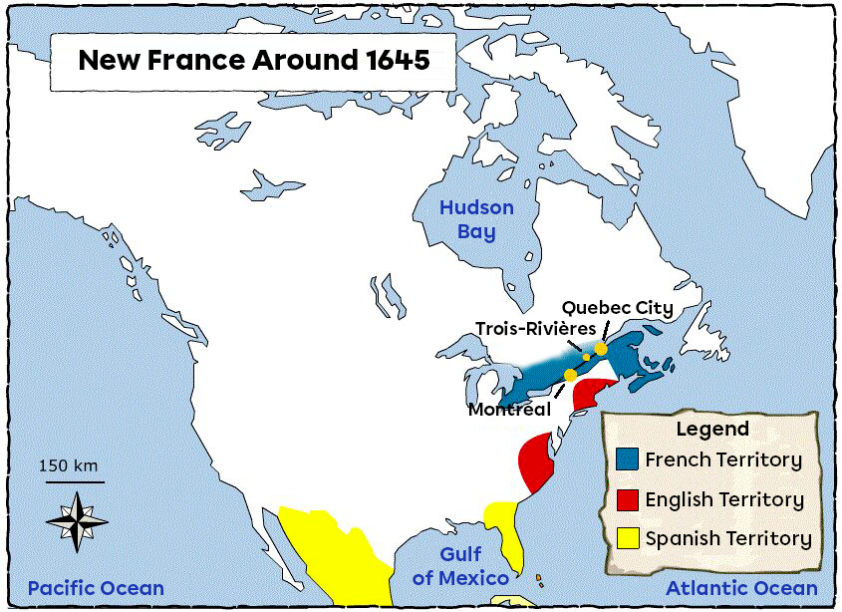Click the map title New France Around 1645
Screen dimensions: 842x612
click(254, 60)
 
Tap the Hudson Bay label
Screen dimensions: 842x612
click(476, 220)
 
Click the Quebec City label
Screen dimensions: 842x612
click(617, 309)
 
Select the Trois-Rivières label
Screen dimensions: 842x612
click(535, 329)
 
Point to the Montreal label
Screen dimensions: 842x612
click(509, 409)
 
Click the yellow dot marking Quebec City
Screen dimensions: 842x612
click(601, 349)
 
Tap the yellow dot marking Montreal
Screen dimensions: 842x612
click(570, 375)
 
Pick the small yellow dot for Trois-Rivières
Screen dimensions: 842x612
click(587, 357)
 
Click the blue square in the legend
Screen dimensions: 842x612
click(627, 459)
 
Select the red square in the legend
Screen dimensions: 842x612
click(627, 499)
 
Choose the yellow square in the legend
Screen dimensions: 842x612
click(627, 539)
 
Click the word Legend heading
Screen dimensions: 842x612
click(711, 430)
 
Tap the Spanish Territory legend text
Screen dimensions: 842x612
click(728, 539)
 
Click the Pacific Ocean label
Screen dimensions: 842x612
click(96, 588)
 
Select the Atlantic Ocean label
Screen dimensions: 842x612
click(741, 588)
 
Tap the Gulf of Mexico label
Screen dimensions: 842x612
click(461, 566)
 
